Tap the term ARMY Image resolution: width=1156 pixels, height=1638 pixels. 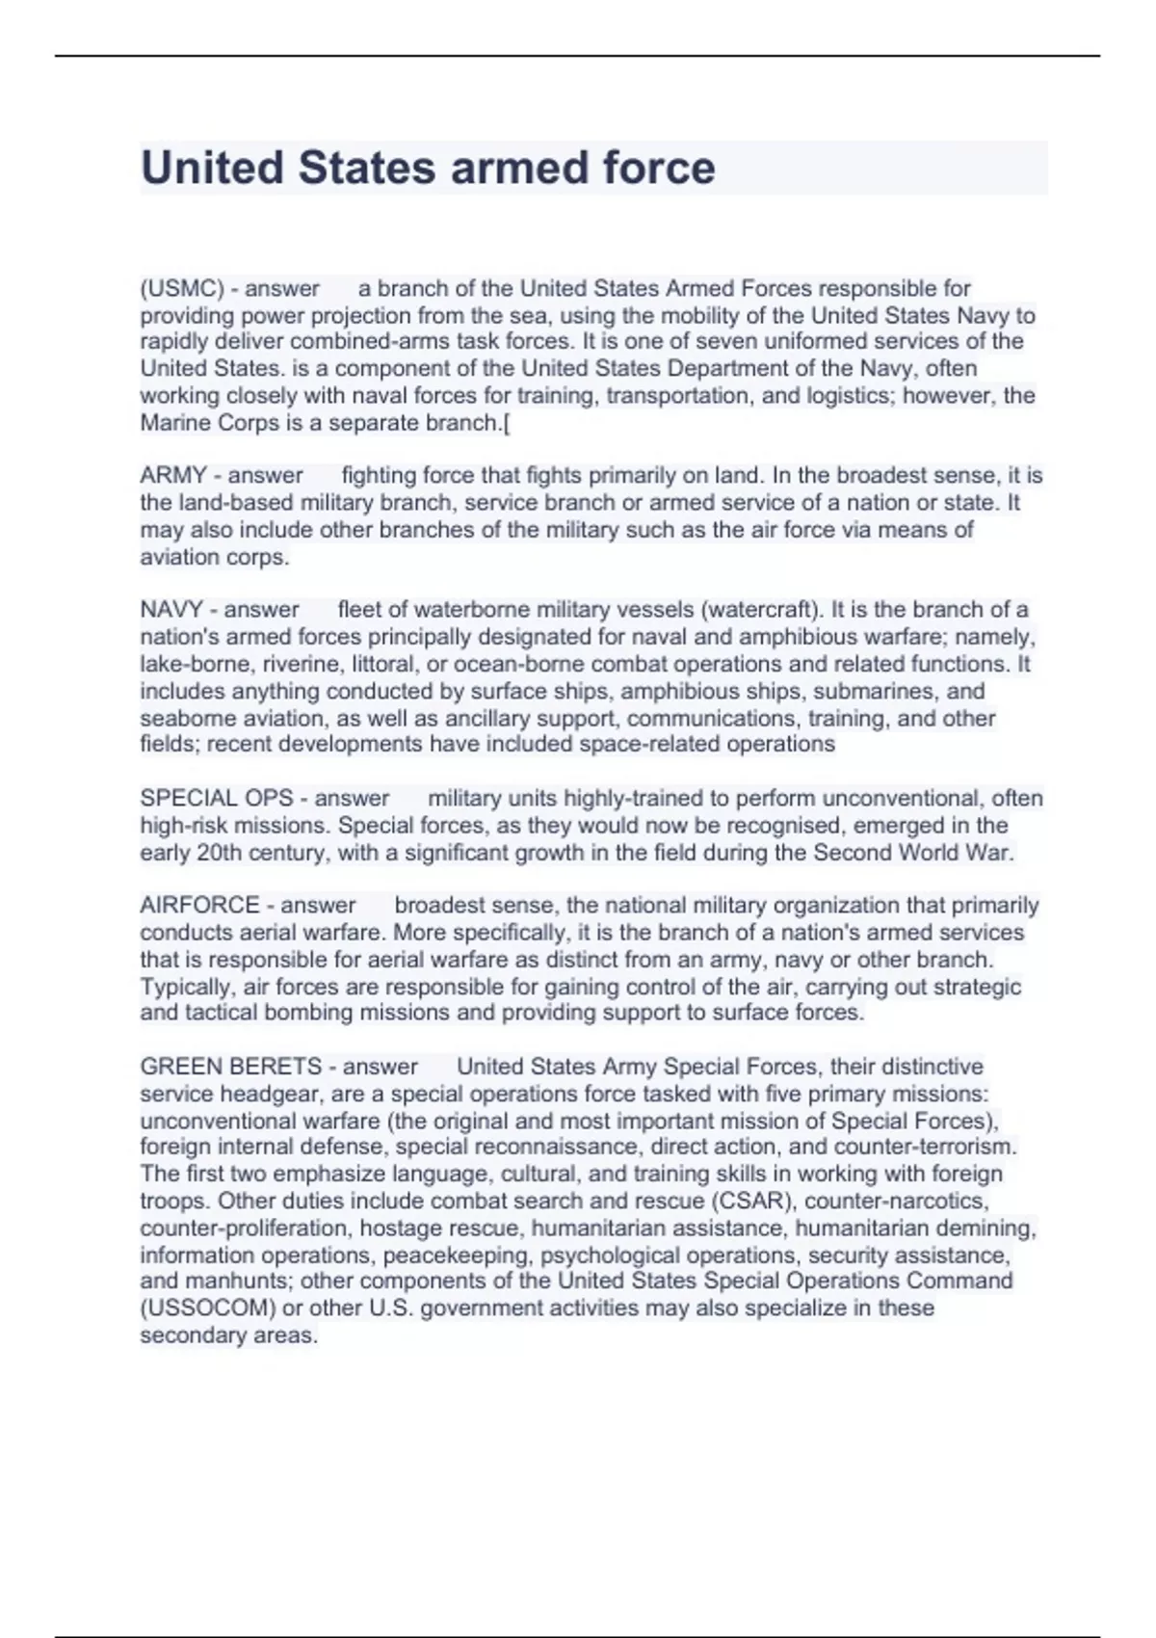pos(173,475)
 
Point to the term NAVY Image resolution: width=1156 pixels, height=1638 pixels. pos(171,609)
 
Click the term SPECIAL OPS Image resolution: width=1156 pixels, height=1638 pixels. pos(217,798)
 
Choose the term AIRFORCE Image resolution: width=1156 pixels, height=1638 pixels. pos(199,905)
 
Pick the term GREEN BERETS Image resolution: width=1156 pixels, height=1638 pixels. pos(231,1067)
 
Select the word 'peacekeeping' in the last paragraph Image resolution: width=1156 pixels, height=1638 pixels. pos(457,1255)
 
